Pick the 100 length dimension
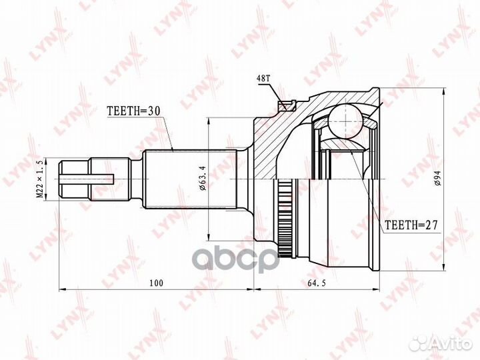(x=157, y=283)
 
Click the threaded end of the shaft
(x=73, y=179)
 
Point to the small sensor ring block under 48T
(x=288, y=104)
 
